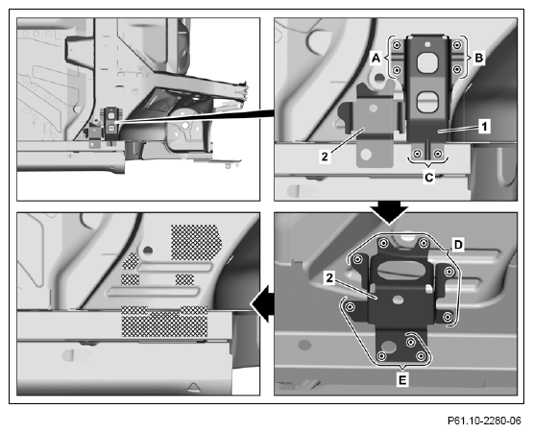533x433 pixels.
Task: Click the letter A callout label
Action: [x=376, y=59]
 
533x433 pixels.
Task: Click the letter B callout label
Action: [x=478, y=59]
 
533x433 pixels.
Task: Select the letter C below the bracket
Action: [x=429, y=178]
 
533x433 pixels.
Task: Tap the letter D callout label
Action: [x=458, y=245]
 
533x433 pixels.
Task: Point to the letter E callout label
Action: [x=402, y=379]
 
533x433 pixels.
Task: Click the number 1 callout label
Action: [x=484, y=127]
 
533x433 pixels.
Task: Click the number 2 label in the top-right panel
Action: [x=325, y=156]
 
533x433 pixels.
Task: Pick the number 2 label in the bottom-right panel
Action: [x=329, y=278]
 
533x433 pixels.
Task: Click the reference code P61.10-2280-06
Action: [x=484, y=421]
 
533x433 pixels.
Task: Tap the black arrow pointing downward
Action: [x=389, y=212]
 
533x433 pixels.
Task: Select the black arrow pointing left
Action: [x=263, y=303]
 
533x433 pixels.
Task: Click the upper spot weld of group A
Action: [x=396, y=45]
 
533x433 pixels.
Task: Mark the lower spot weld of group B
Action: [x=457, y=70]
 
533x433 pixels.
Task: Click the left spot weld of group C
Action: [x=417, y=154]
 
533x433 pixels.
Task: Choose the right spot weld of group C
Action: [x=438, y=154]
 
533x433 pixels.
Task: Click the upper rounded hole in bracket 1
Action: [x=427, y=62]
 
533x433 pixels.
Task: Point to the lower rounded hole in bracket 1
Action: [x=427, y=102]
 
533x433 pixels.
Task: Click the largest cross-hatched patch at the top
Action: [x=196, y=242]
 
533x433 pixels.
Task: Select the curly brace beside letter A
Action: [x=389, y=57]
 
